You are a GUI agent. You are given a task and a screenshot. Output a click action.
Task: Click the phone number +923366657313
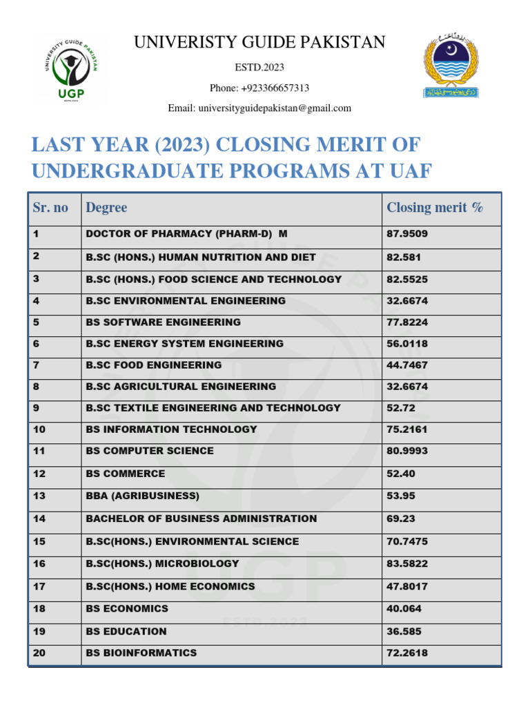(259, 88)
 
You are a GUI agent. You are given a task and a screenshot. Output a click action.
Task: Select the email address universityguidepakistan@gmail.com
(259, 108)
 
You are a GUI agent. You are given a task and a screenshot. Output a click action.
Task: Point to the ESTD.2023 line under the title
(259, 67)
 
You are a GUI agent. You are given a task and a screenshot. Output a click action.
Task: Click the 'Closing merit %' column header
(435, 207)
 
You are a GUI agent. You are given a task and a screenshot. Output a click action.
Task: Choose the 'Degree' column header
(106, 207)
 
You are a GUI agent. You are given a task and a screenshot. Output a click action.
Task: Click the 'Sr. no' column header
(50, 207)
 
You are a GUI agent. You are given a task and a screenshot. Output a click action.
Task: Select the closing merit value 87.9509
(407, 234)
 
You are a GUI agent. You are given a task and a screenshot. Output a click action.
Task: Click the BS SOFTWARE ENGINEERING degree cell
(164, 322)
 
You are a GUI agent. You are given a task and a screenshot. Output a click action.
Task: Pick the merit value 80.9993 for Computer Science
(407, 451)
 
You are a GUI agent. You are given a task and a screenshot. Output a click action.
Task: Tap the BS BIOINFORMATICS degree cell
(141, 652)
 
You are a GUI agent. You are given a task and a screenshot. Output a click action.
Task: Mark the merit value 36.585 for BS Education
(404, 631)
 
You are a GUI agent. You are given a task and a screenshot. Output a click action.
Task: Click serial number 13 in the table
(39, 496)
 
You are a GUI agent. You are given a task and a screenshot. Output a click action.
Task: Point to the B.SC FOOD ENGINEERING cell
(154, 365)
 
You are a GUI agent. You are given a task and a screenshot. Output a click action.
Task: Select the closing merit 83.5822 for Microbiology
(407, 563)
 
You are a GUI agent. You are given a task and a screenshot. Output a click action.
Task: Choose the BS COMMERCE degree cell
(126, 474)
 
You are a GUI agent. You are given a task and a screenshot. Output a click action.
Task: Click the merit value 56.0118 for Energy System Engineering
(407, 343)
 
